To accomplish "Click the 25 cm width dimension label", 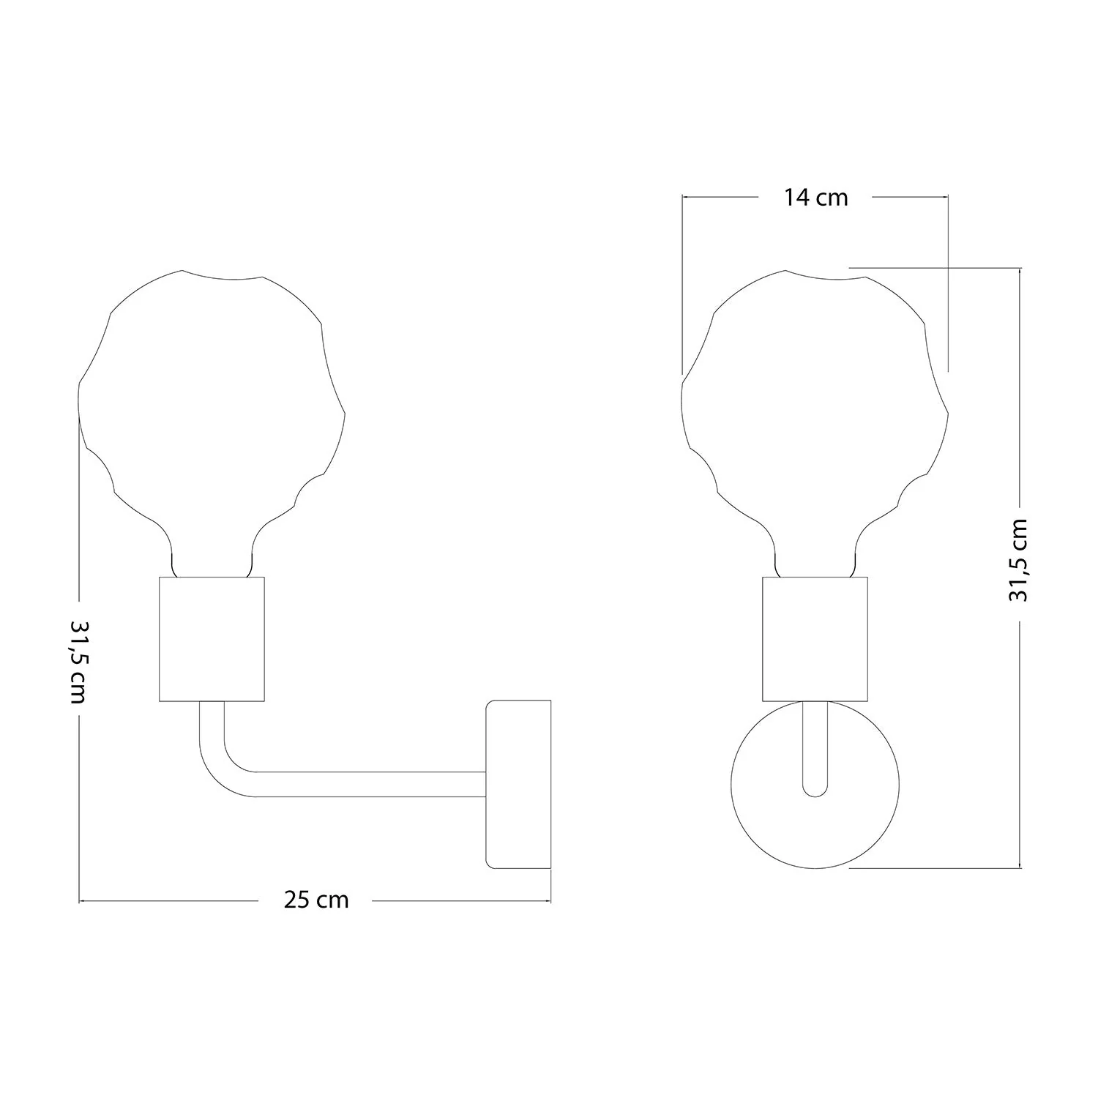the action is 316,900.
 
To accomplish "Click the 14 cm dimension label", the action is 816,197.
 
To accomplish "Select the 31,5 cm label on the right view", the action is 1018,560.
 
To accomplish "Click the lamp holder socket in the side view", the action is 212,639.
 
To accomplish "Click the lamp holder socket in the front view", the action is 815,639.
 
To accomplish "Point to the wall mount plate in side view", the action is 518,784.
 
